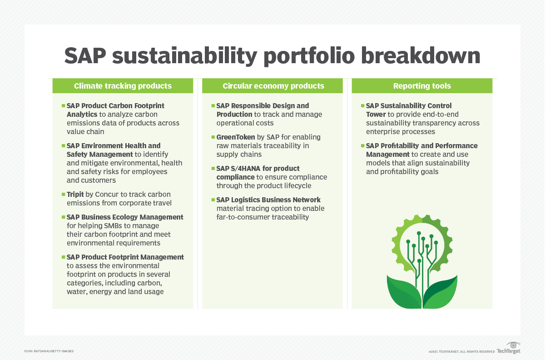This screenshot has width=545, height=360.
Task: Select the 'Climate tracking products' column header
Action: coord(123,86)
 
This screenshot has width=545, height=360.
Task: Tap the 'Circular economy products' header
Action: coord(273,86)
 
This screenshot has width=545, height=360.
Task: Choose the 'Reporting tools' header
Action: coord(422,86)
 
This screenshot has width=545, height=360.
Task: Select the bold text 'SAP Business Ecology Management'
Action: coord(125,217)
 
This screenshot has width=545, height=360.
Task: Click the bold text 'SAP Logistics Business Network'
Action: coord(268,200)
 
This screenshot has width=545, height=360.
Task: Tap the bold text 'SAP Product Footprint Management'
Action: coord(125,257)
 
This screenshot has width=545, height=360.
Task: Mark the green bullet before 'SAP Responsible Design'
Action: coord(213,105)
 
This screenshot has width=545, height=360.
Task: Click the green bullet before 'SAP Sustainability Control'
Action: coord(362,105)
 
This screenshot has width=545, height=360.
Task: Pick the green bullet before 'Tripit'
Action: coord(63,194)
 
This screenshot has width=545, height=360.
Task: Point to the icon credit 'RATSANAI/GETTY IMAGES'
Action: coord(49,351)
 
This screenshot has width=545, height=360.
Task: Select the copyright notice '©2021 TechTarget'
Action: coord(461,352)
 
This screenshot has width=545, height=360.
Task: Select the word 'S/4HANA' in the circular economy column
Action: coord(248,169)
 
